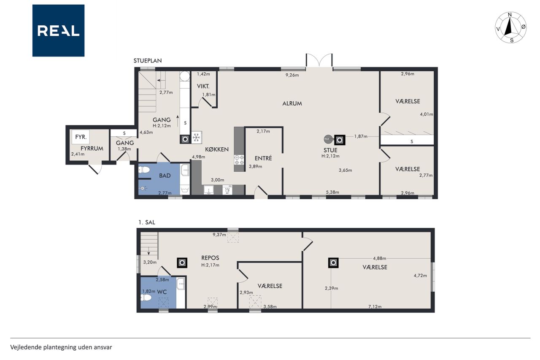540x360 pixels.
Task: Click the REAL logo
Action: point(58,31)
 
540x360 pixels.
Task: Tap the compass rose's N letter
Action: point(510,15)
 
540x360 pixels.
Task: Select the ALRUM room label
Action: point(292,103)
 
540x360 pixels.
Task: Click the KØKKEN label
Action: point(217,149)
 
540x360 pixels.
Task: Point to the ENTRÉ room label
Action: point(263,158)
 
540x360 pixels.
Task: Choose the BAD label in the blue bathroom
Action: point(165,176)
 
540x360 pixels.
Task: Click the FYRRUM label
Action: point(92,148)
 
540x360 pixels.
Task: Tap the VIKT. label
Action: point(203,86)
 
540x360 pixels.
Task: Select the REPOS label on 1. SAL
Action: point(210,258)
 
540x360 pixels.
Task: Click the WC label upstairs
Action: point(162,292)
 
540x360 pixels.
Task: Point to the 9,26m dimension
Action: point(292,75)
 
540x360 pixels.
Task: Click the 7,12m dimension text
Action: point(375,307)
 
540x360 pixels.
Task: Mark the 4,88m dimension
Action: point(379,258)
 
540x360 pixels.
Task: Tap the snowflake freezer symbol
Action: point(197,138)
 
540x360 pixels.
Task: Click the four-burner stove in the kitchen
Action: point(239,160)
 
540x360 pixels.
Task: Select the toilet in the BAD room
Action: point(144,170)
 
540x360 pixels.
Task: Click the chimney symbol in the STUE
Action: point(340,140)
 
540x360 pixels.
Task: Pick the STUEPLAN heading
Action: point(148,61)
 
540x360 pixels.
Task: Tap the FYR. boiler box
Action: point(81,137)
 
